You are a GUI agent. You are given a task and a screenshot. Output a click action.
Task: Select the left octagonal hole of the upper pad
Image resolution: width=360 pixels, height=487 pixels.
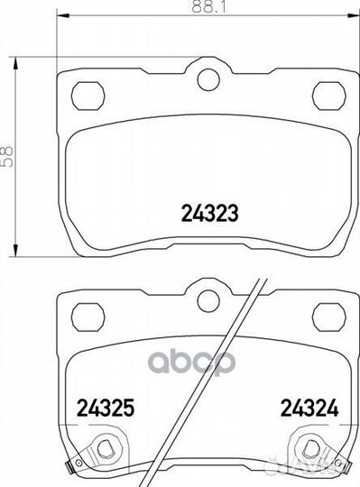pos(88,93)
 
